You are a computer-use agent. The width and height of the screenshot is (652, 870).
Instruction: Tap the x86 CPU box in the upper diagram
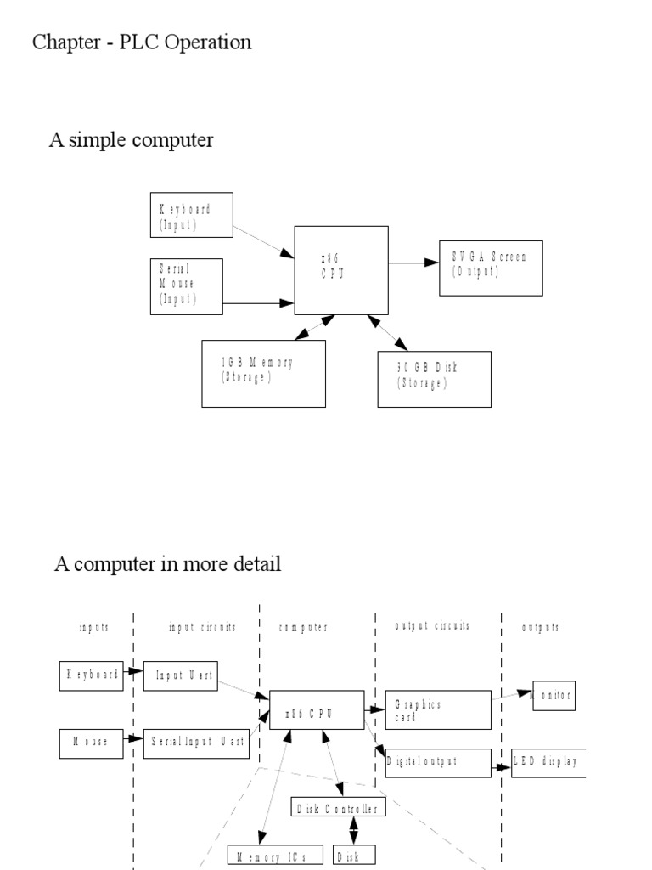point(341,270)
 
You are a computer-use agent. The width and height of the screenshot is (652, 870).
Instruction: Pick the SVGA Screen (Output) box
point(491,268)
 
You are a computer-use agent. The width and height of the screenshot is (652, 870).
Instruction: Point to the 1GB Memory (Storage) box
point(263,373)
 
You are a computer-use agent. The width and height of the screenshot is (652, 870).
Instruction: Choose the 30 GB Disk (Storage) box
point(434,379)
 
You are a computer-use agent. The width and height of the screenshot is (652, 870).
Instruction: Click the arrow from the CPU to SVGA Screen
point(414,263)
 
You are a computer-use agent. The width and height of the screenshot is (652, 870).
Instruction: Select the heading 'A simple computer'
point(131,140)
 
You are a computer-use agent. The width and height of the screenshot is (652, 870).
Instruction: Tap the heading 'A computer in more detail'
point(167,563)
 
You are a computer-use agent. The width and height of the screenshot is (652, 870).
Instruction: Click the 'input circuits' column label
point(202,627)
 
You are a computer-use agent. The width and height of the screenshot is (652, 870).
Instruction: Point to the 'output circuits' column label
point(432,626)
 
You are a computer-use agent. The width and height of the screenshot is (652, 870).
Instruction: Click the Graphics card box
point(437,709)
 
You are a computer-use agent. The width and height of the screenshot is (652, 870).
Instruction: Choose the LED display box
point(548,761)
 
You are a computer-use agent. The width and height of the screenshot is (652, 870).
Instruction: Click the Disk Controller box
point(338,806)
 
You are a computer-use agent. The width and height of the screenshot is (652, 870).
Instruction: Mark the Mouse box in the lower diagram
point(92,743)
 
